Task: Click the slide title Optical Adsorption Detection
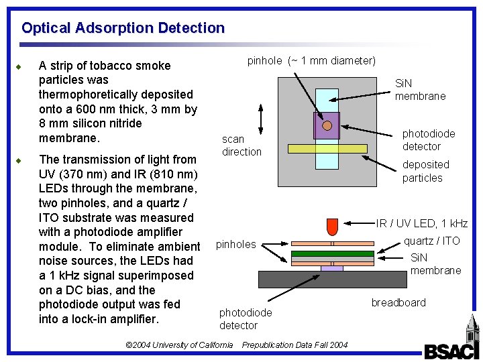click(x=123, y=28)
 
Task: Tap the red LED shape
click(x=332, y=227)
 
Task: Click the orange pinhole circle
click(x=327, y=125)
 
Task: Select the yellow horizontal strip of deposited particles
click(x=327, y=148)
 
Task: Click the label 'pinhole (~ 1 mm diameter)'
click(x=311, y=61)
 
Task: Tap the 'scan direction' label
click(x=241, y=145)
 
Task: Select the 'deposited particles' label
click(x=425, y=171)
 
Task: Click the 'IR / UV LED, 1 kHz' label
click(x=421, y=223)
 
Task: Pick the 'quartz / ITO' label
click(x=431, y=241)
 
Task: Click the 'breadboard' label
click(x=398, y=302)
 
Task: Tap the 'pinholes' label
click(x=235, y=244)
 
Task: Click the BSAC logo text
click(x=449, y=351)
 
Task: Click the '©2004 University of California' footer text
click(x=179, y=345)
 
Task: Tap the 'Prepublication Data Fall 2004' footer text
click(x=294, y=345)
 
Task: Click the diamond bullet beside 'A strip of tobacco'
click(x=23, y=66)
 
